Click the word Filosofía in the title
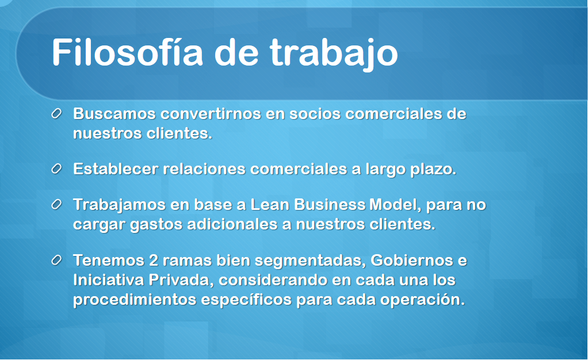click(x=127, y=52)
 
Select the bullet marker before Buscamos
click(x=56, y=114)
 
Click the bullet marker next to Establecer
click(x=56, y=169)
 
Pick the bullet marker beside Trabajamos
click(x=56, y=205)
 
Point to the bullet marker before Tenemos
click(x=56, y=261)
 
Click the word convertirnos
click(x=211, y=114)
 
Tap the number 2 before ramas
click(x=154, y=261)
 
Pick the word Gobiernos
click(x=412, y=261)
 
